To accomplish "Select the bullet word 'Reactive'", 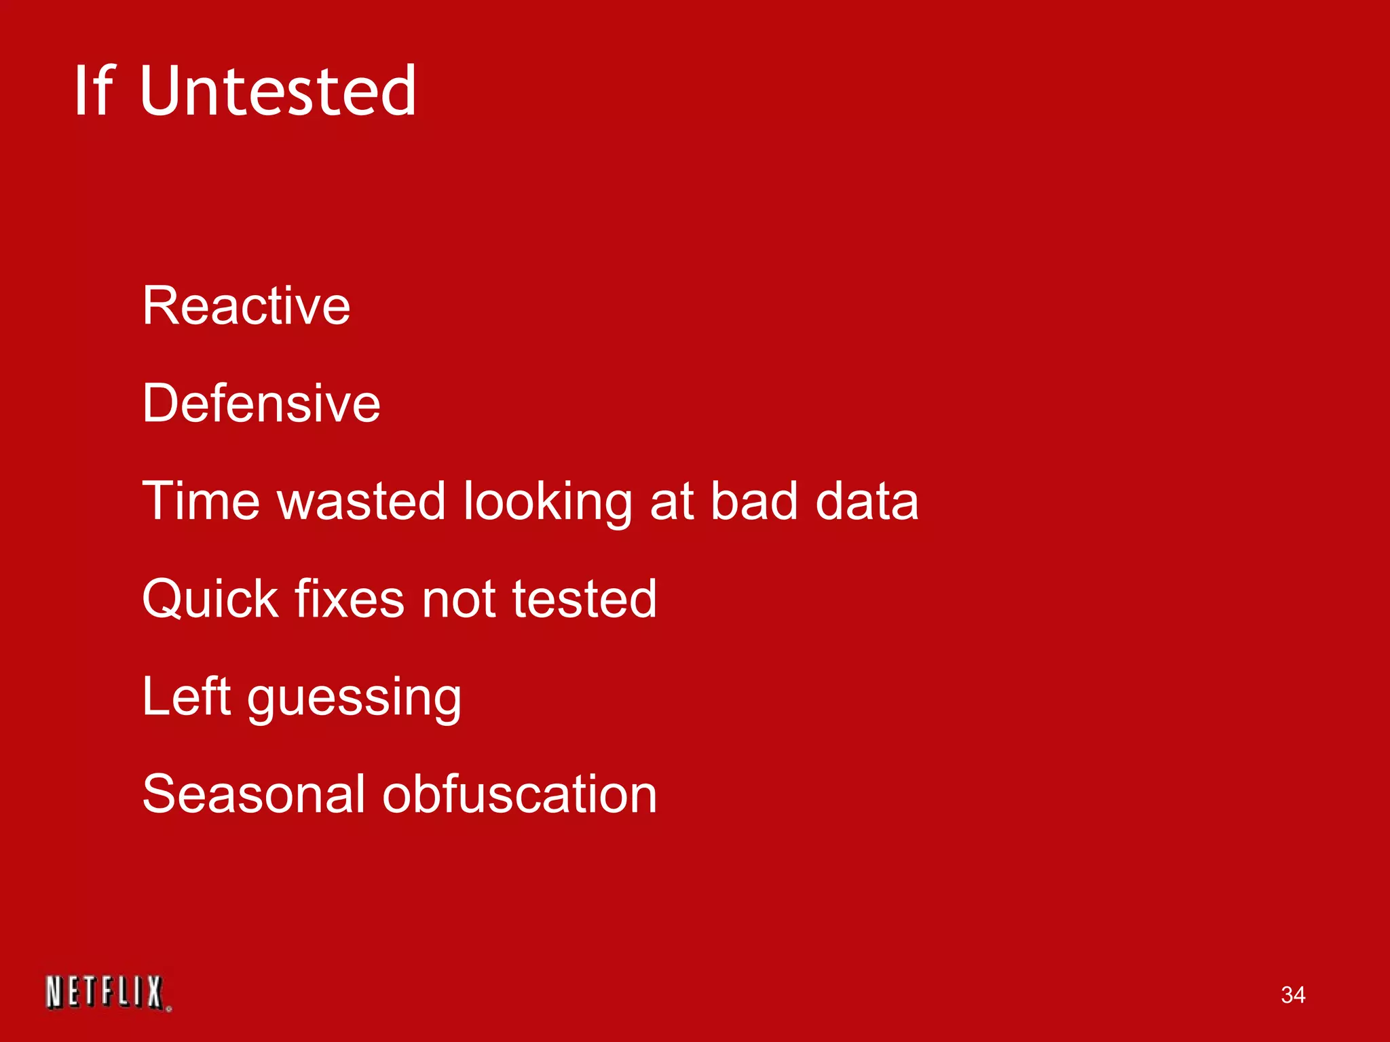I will pyautogui.click(x=246, y=306).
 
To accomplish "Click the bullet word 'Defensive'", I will pyautogui.click(x=261, y=404).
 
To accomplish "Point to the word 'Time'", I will pyautogui.click(x=201, y=501).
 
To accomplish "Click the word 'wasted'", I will pyautogui.click(x=361, y=501).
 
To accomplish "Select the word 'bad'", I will pyautogui.click(x=753, y=501).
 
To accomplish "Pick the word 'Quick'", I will pyautogui.click(x=210, y=600).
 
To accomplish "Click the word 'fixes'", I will pyautogui.click(x=350, y=599).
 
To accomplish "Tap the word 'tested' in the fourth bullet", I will pyautogui.click(x=584, y=599).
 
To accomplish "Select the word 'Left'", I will pyautogui.click(x=187, y=697).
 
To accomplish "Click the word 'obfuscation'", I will pyautogui.click(x=520, y=794).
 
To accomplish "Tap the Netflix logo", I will pyautogui.click(x=107, y=993).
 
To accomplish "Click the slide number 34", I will pyautogui.click(x=1292, y=995).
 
